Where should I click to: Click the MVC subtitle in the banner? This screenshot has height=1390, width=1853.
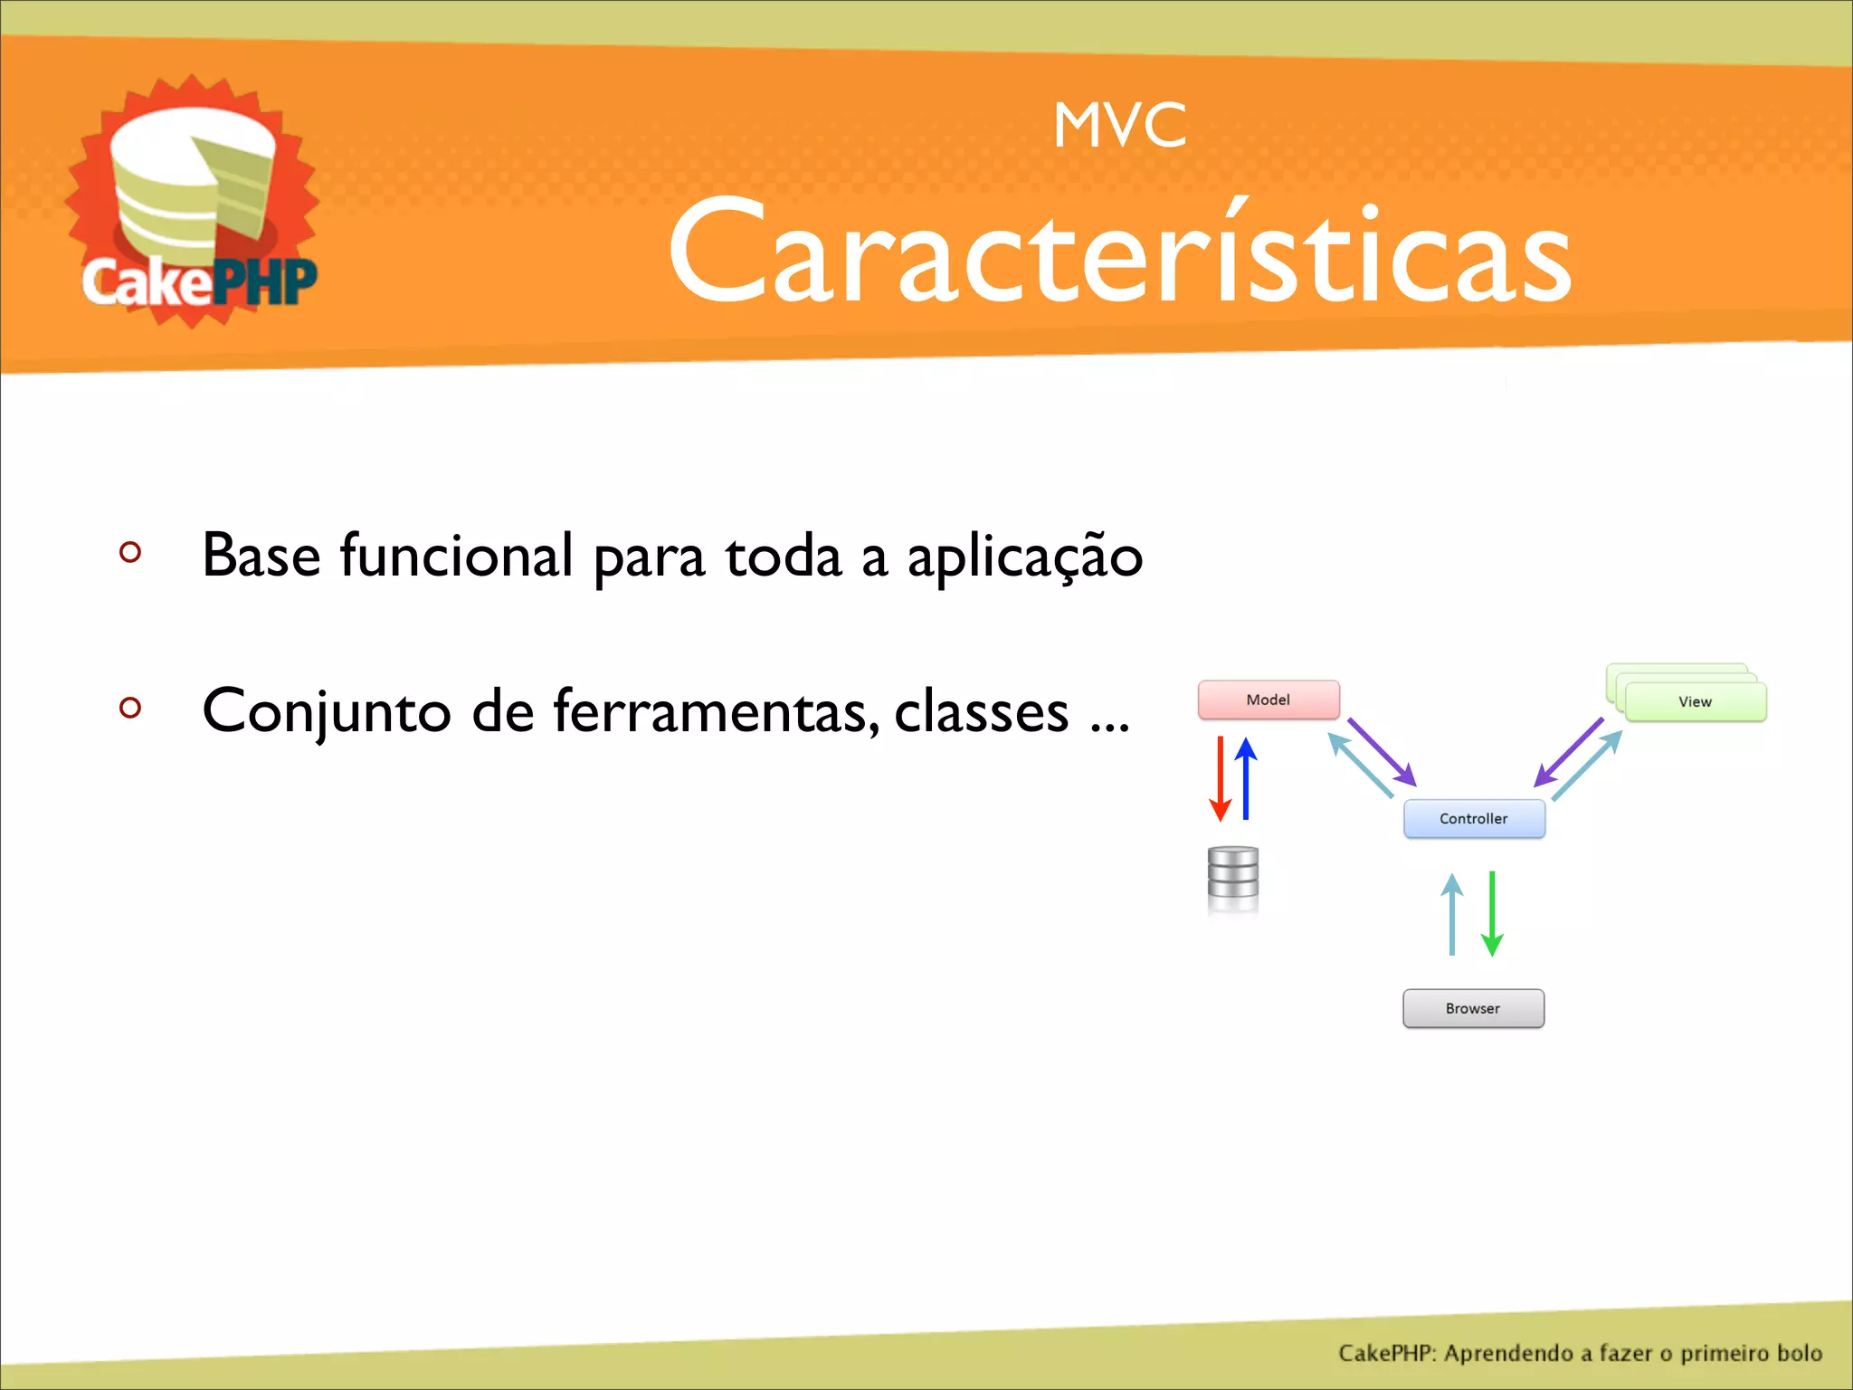pos(1119,125)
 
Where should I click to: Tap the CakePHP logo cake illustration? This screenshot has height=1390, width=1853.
pos(192,186)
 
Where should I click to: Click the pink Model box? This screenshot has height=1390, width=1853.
pos(1268,700)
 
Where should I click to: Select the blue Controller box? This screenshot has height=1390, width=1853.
pos(1473,818)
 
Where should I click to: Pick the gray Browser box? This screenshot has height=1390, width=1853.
pos(1472,1008)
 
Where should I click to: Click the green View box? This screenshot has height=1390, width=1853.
pos(1695,702)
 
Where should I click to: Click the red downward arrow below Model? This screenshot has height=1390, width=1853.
pos(1221,778)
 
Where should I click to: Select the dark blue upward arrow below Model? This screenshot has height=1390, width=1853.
pos(1246,778)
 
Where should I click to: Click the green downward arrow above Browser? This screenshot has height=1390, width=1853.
pos(1492,914)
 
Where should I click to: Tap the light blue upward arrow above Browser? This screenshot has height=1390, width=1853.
pos(1452,914)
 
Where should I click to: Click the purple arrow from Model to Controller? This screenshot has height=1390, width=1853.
pos(1382,752)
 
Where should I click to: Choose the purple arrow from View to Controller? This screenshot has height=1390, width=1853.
pos(1568,752)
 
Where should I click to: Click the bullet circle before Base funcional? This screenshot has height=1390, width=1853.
pos(130,552)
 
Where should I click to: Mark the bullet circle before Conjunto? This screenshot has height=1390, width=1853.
pos(130,707)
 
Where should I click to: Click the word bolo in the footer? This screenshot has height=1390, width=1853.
pos(1799,1353)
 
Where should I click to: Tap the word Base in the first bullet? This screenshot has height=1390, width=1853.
pos(261,555)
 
